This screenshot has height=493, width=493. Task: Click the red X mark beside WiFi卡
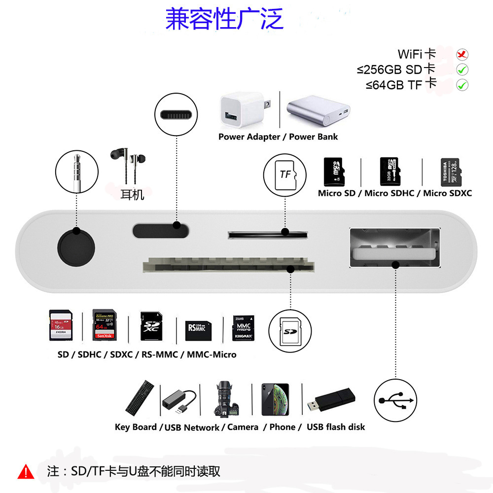click(x=462, y=54)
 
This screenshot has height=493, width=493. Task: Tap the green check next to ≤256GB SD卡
click(x=462, y=70)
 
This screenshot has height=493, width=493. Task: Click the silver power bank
click(x=318, y=112)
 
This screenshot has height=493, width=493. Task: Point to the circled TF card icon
click(x=285, y=174)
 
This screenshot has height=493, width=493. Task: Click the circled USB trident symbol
click(x=395, y=399)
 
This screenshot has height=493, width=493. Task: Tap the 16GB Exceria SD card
click(x=61, y=325)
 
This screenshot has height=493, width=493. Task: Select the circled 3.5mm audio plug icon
click(x=76, y=173)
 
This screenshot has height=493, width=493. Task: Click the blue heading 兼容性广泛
click(x=224, y=19)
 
